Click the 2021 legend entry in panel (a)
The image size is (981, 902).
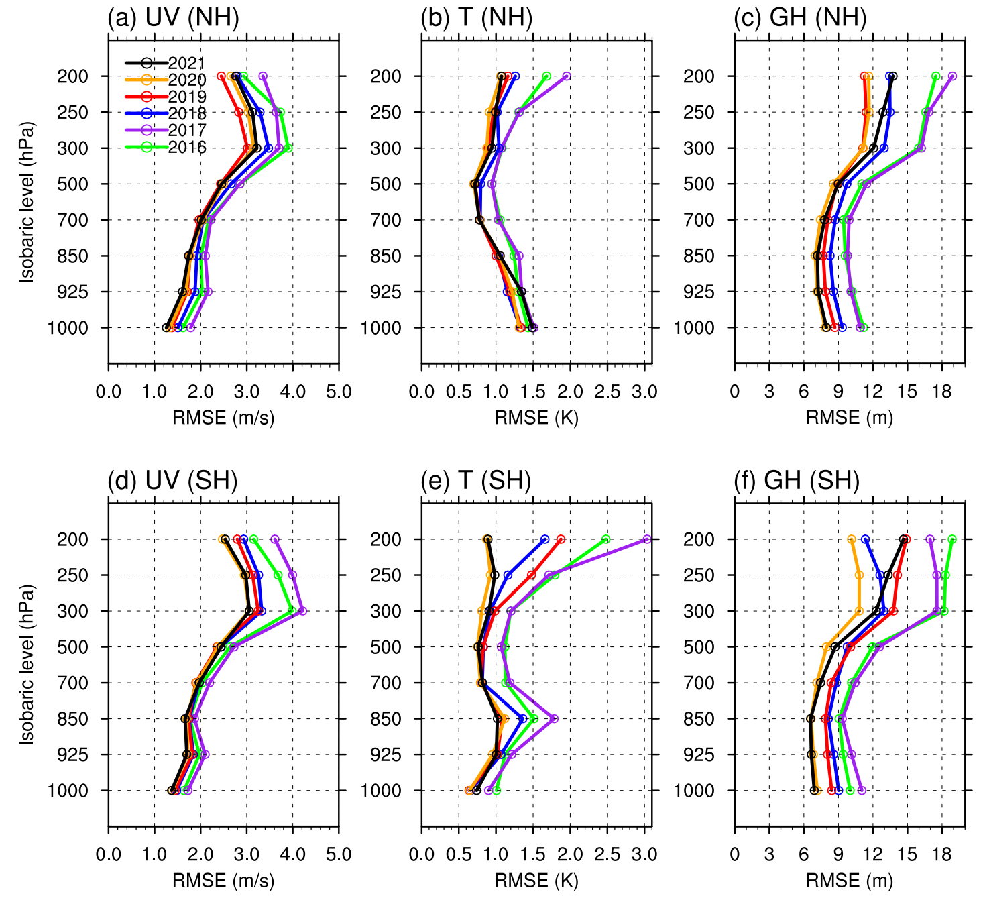tap(186, 63)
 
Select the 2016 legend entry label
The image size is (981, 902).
tap(186, 148)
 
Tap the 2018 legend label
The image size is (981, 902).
tap(186, 113)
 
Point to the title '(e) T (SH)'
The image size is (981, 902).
tap(476, 480)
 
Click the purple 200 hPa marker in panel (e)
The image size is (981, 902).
tap(647, 539)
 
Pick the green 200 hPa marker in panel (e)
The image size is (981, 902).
tap(606, 539)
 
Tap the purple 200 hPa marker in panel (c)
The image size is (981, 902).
tap(952, 76)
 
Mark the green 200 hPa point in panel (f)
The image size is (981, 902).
tap(951, 539)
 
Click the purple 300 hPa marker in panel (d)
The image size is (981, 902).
tap(302, 611)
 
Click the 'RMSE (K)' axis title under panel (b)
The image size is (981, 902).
tap(536, 418)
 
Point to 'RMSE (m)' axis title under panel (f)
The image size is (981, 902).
tap(850, 881)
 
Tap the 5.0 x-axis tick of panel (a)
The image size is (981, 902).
tap(339, 392)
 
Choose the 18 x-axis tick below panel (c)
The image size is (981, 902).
tap(941, 392)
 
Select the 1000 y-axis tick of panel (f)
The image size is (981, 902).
tap(693, 791)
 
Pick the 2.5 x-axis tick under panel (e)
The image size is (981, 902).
tap(608, 854)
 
